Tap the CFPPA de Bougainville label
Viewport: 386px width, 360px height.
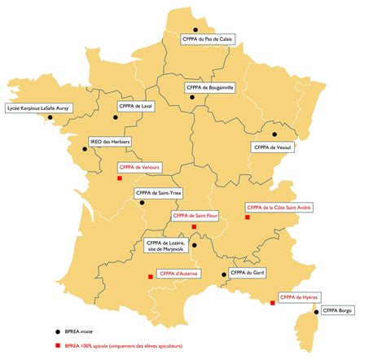click(x=209, y=86)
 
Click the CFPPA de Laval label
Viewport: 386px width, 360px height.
click(x=136, y=106)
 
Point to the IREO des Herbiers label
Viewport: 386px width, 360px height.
click(x=110, y=140)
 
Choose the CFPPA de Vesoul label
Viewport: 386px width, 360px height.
click(x=272, y=147)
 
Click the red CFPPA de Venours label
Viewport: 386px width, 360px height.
click(x=140, y=167)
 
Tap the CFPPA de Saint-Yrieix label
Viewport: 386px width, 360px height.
click(x=159, y=193)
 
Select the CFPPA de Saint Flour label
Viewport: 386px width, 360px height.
click(x=195, y=216)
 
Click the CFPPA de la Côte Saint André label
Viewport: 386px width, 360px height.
click(x=278, y=208)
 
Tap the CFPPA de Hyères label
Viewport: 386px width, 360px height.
click(x=298, y=298)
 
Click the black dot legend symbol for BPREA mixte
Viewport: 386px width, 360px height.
click(x=57, y=332)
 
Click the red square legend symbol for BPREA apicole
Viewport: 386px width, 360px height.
click(x=57, y=345)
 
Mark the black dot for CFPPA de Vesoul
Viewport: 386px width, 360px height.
click(x=274, y=134)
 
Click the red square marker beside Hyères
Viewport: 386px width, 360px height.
click(x=272, y=304)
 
